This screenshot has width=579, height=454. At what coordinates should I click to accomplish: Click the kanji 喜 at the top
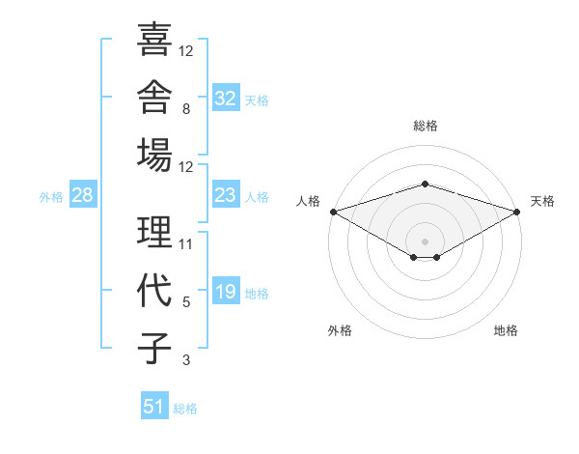tap(154, 40)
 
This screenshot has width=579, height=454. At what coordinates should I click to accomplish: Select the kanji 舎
tap(154, 97)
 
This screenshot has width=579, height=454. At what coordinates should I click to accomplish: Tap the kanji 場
tap(154, 155)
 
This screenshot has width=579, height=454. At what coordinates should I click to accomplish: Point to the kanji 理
tap(154, 232)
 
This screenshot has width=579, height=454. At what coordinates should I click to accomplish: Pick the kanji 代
tap(154, 290)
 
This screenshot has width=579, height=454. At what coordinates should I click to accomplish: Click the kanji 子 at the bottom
tap(154, 348)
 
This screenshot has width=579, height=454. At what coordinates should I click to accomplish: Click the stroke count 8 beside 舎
tap(186, 109)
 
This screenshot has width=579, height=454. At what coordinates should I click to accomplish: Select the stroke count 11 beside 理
tap(185, 244)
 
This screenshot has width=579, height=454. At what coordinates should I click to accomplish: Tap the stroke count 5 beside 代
tap(186, 302)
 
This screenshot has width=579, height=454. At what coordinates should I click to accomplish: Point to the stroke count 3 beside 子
tap(186, 360)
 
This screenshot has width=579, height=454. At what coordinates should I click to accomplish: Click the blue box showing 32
tap(226, 97)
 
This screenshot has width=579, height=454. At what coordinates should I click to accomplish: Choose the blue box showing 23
tap(226, 194)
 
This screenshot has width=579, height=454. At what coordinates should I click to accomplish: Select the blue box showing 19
tap(226, 290)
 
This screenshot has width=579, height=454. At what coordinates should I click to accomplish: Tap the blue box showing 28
tap(83, 194)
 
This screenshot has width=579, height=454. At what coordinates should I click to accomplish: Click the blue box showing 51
tap(154, 405)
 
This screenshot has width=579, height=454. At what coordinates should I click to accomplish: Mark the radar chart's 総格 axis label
tap(426, 126)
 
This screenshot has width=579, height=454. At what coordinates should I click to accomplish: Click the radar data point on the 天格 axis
tap(517, 212)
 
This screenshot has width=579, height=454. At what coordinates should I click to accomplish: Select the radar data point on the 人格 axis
tap(334, 212)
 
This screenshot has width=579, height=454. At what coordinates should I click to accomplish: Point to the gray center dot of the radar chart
tap(425, 241)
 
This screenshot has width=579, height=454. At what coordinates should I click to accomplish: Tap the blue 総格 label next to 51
tap(185, 409)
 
